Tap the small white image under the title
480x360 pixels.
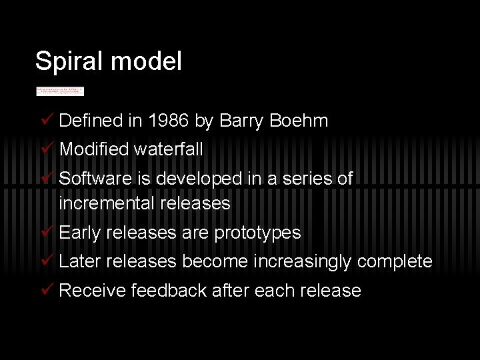tap(60, 90)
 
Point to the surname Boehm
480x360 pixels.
tap(301, 121)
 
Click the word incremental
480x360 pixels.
tap(107, 203)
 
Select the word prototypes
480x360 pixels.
tap(257, 233)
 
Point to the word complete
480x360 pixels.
tap(395, 261)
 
